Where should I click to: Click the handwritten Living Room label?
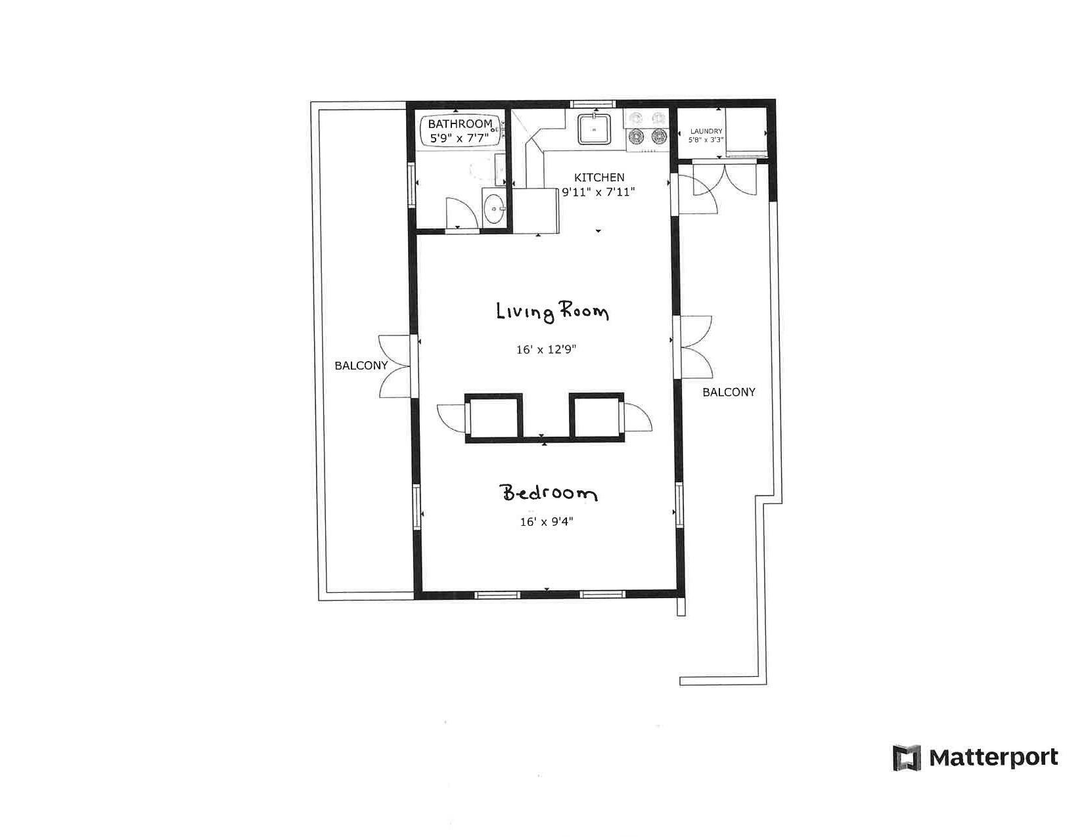[x=553, y=312]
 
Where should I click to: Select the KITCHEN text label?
[x=598, y=177]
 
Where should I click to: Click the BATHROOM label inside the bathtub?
[x=460, y=123]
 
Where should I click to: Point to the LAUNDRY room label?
[x=706, y=131]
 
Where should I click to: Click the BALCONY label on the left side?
[x=361, y=366]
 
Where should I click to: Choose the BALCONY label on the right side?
[x=729, y=393]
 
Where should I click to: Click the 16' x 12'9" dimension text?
[x=546, y=349]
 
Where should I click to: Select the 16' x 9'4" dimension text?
[x=546, y=521]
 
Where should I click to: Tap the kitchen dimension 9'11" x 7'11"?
[x=598, y=192]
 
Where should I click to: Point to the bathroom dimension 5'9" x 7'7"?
[x=459, y=138]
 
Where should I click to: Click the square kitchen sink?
[x=594, y=129]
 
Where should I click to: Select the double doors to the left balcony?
[x=395, y=366]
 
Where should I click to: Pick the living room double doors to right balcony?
[x=693, y=347]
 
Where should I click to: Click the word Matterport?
[x=994, y=758]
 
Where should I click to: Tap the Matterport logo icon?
[x=907, y=758]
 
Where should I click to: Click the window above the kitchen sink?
[x=593, y=104]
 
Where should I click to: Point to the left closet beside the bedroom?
[x=494, y=418]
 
